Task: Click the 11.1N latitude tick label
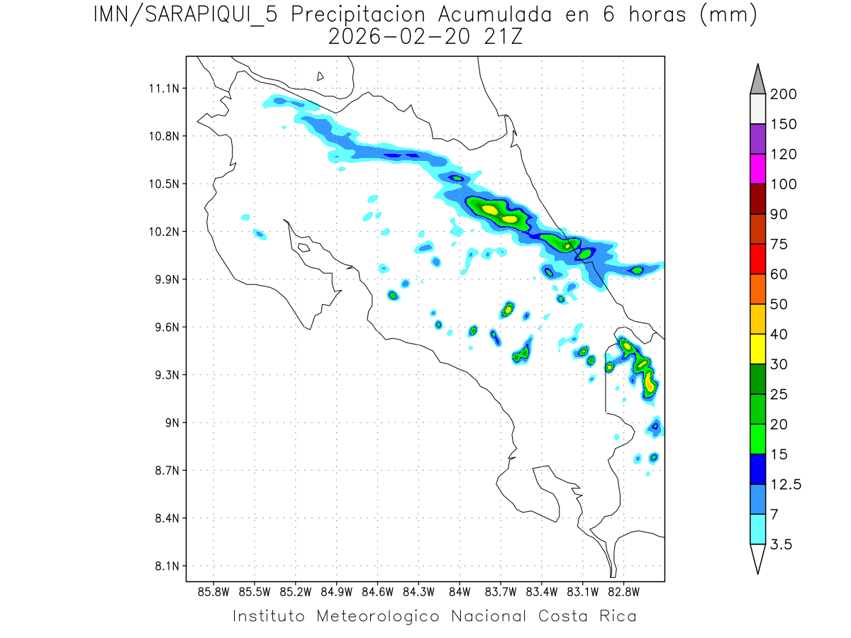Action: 163,89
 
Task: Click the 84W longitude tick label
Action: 460,591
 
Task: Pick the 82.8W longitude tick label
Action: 623,591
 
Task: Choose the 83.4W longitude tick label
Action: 541,591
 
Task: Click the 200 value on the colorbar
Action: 784,94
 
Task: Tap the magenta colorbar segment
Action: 757,169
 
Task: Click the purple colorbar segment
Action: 757,139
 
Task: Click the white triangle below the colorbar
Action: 757,558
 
